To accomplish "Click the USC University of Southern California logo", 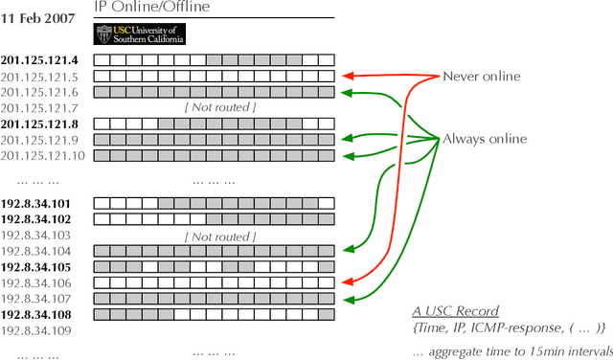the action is pyautogui.click(x=140, y=34).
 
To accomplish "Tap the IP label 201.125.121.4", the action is pyautogui.click(x=39, y=60).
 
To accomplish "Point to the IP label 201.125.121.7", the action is pyautogui.click(x=39, y=107).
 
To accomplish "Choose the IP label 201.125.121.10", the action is pyautogui.click(x=43, y=155).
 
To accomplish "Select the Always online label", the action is pyautogui.click(x=485, y=139).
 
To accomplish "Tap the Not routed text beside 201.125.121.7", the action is pyautogui.click(x=220, y=108).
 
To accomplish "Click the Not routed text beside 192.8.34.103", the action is pyautogui.click(x=220, y=236).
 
